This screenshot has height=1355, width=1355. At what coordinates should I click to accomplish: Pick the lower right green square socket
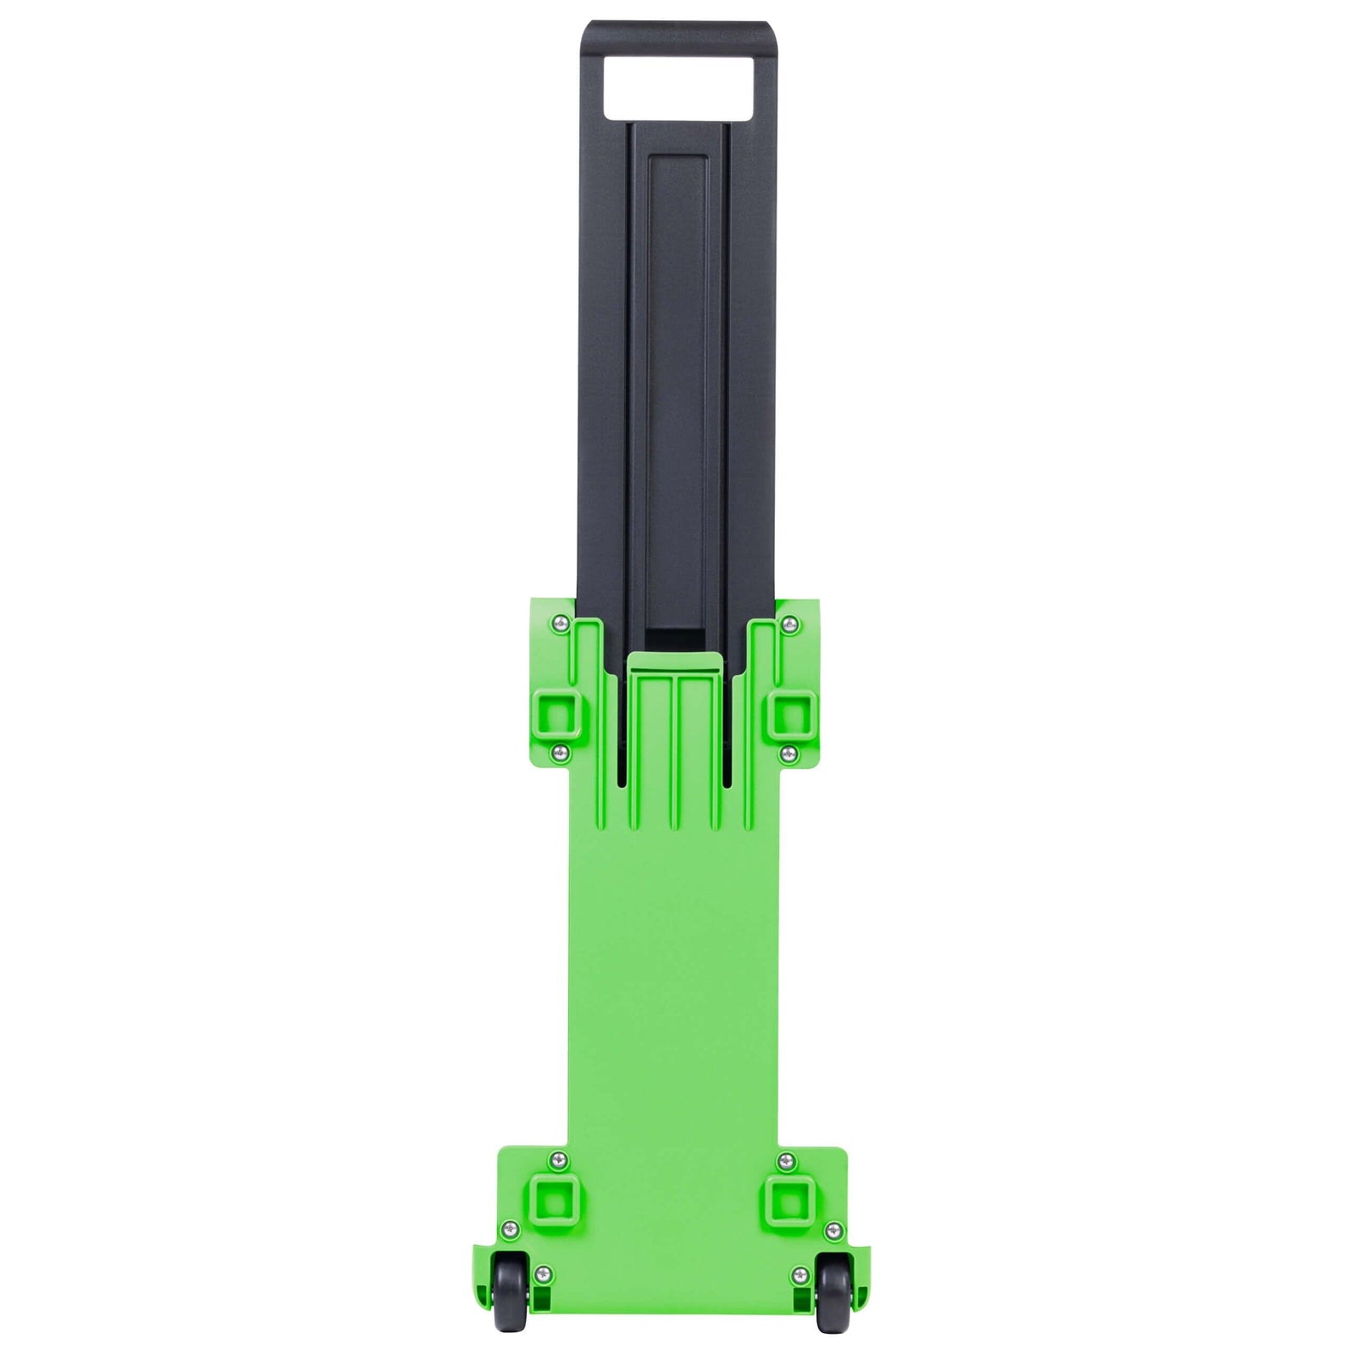pos(788,1200)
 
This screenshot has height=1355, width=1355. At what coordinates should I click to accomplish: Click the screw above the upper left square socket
pos(559,624)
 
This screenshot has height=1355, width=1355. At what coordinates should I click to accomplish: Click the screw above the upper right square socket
pos(789,624)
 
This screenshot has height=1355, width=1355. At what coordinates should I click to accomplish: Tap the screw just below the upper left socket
pos(558,751)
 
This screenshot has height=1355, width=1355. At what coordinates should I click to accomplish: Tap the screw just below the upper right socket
pos(788,751)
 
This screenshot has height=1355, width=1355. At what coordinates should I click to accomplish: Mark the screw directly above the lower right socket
pos(786,1159)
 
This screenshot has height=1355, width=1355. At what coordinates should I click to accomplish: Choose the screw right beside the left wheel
pos(543,1273)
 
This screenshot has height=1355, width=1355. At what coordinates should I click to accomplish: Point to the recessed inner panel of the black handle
pos(677,381)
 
